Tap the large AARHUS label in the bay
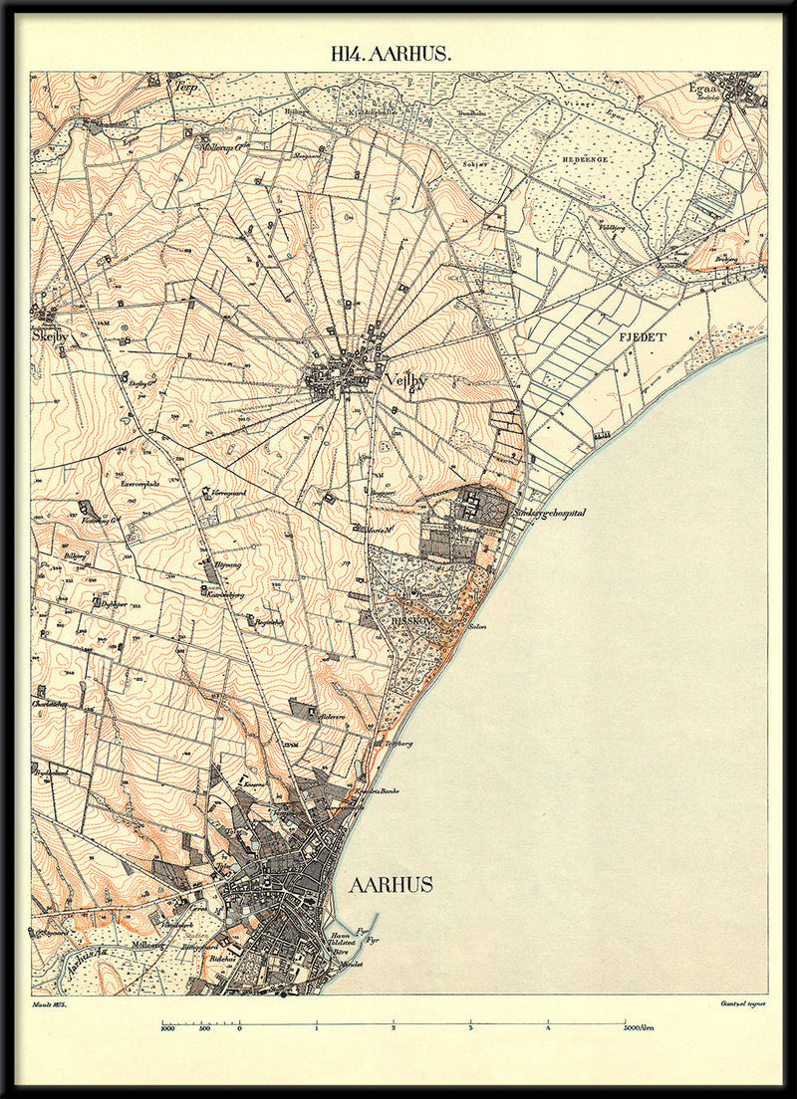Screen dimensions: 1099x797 pos(391,884)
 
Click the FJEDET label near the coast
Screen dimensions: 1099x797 pos(642,337)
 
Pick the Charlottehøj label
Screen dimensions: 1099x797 pos(52,701)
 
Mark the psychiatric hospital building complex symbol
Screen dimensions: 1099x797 pos(472,506)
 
